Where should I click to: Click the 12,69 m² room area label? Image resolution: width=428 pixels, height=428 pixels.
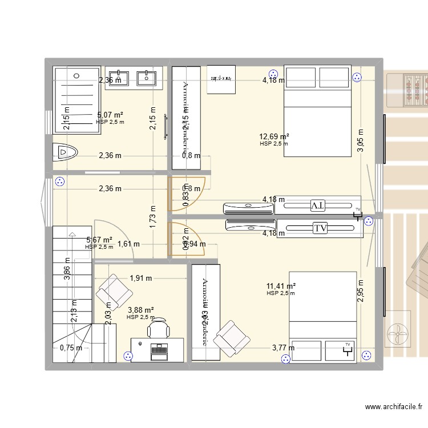point(274,136)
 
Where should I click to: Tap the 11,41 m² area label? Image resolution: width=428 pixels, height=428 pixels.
point(281,286)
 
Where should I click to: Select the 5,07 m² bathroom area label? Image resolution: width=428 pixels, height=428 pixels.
point(111,115)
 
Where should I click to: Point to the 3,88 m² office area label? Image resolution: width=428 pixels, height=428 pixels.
point(140,310)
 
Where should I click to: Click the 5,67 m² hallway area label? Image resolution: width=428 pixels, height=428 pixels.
point(99,240)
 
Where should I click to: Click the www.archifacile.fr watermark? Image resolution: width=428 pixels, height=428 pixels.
point(394,407)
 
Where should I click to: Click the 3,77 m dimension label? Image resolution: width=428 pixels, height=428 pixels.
point(283,348)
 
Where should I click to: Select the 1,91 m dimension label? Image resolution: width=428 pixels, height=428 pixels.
point(140,278)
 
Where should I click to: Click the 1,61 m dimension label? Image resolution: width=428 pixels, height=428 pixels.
point(128,245)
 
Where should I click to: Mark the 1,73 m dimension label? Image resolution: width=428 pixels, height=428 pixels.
point(153,217)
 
